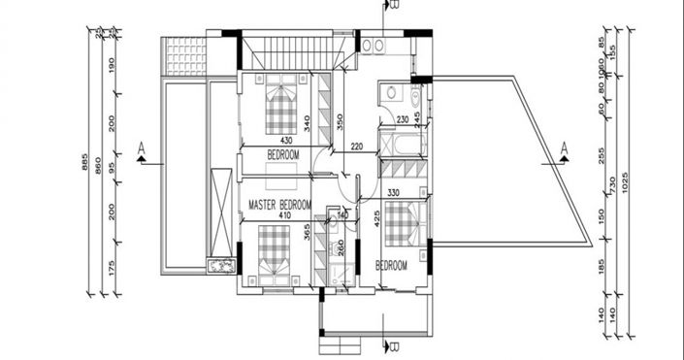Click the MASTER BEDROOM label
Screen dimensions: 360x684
[x=279, y=205]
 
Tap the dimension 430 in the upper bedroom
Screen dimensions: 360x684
[x=259, y=141]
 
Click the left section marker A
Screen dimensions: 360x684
[x=143, y=147]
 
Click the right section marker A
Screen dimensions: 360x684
[x=563, y=147]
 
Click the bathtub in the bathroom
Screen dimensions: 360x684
[x=403, y=147]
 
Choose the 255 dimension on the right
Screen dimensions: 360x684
[x=602, y=154]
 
